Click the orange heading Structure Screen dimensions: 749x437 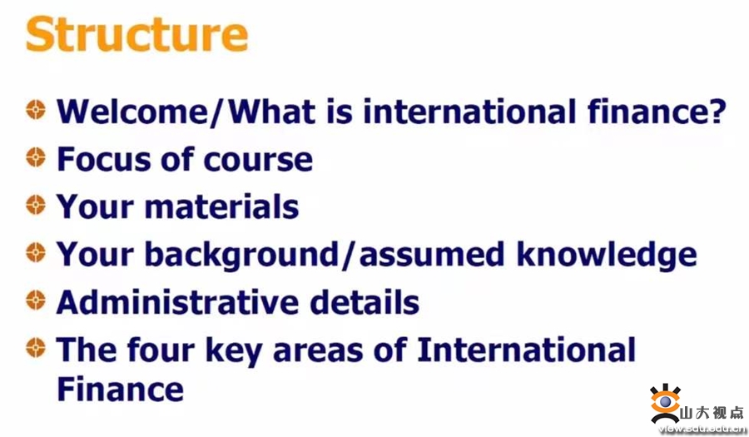[x=137, y=34]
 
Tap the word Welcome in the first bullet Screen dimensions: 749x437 [x=132, y=112]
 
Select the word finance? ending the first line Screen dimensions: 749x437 [x=657, y=112]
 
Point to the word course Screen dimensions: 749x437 [x=258, y=161]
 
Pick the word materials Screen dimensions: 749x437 [x=221, y=207]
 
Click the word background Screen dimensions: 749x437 [x=241, y=255]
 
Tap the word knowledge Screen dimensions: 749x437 [x=607, y=255]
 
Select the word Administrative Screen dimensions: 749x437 [x=177, y=302]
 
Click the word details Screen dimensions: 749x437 [x=365, y=302]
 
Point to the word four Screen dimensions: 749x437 [x=161, y=350]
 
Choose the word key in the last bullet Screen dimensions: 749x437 [x=234, y=351]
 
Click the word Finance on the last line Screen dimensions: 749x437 [x=121, y=390]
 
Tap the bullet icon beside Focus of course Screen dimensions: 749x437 [x=36, y=157]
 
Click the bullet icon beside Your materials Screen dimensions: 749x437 [x=36, y=205]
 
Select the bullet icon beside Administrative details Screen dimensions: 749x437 [x=36, y=300]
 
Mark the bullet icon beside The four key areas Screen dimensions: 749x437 [x=36, y=347]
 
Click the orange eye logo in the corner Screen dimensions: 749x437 [x=666, y=403]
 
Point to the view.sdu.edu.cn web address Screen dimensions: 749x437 [x=702, y=429]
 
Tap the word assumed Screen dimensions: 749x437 [x=431, y=255]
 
